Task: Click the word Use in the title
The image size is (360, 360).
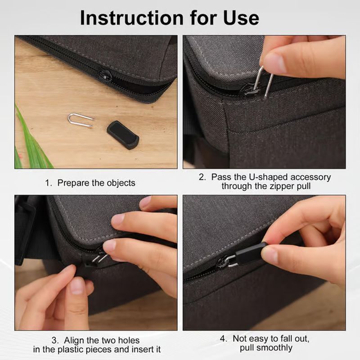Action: click(x=240, y=18)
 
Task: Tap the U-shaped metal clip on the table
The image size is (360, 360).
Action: click(x=80, y=120)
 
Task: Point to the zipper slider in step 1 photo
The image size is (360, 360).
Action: click(x=105, y=75)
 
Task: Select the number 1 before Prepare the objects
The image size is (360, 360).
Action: click(x=47, y=183)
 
